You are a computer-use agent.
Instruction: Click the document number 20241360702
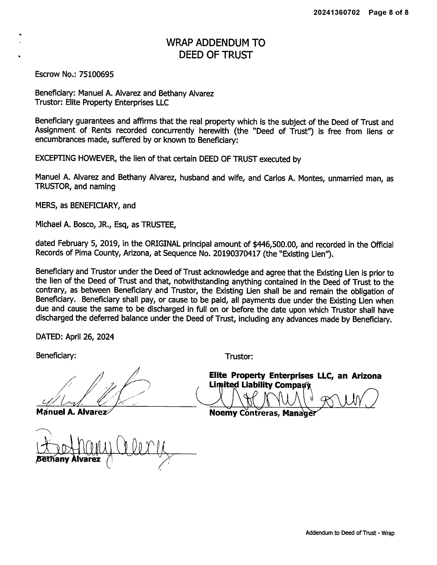coord(337,12)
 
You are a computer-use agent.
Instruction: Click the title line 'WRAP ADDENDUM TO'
coord(216,43)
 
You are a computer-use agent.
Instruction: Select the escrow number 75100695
coord(96,75)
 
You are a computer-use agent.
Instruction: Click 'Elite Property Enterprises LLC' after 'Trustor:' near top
coord(117,103)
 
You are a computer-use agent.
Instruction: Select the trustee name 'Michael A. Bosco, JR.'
coord(73,224)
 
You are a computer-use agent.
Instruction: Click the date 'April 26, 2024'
coord(90,337)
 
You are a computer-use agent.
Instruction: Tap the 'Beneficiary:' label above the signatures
coord(56,356)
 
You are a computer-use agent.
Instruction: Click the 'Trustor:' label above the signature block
coord(239,357)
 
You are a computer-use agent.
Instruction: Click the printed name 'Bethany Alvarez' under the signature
coord(68,459)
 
